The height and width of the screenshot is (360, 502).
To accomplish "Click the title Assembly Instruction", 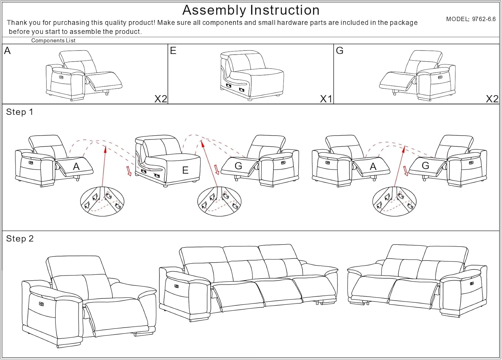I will [251, 10].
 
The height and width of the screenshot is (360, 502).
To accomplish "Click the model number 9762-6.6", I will [484, 19].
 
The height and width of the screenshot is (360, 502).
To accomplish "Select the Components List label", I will [53, 41].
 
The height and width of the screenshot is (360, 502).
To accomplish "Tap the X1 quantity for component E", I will [326, 99].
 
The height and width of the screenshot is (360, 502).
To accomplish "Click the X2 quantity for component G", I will [492, 99].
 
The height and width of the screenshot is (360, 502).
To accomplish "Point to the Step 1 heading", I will [19, 112].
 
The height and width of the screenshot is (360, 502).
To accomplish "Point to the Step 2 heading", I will [20, 238].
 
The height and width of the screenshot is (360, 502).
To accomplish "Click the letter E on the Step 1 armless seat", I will [185, 170].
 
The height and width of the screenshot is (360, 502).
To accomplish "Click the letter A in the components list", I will [7, 51].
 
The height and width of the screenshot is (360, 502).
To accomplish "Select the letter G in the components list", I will [339, 51].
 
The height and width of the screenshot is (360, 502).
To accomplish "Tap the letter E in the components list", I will [173, 51].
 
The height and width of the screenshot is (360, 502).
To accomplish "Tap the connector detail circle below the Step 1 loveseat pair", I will [394, 201].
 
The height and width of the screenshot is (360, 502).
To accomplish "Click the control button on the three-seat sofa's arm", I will [176, 286].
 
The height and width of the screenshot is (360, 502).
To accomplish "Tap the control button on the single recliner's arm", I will [41, 304].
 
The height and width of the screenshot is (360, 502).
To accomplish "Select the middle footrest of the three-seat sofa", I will [278, 292].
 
